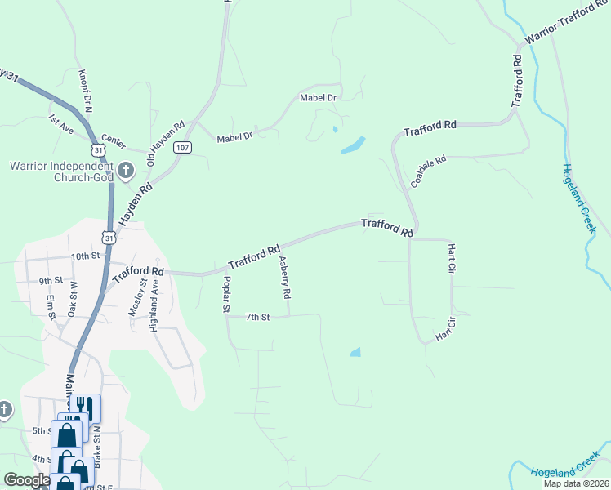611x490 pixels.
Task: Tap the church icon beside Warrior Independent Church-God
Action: coord(125,171)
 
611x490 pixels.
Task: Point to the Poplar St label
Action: coord(227,295)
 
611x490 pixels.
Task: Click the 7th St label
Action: coord(257,317)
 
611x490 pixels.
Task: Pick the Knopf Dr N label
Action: coord(85,89)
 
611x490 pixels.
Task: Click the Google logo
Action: coord(27,480)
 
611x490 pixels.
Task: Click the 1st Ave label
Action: coord(60,123)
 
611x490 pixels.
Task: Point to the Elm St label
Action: coord(51,306)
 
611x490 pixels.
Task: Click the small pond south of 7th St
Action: coord(355,353)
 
